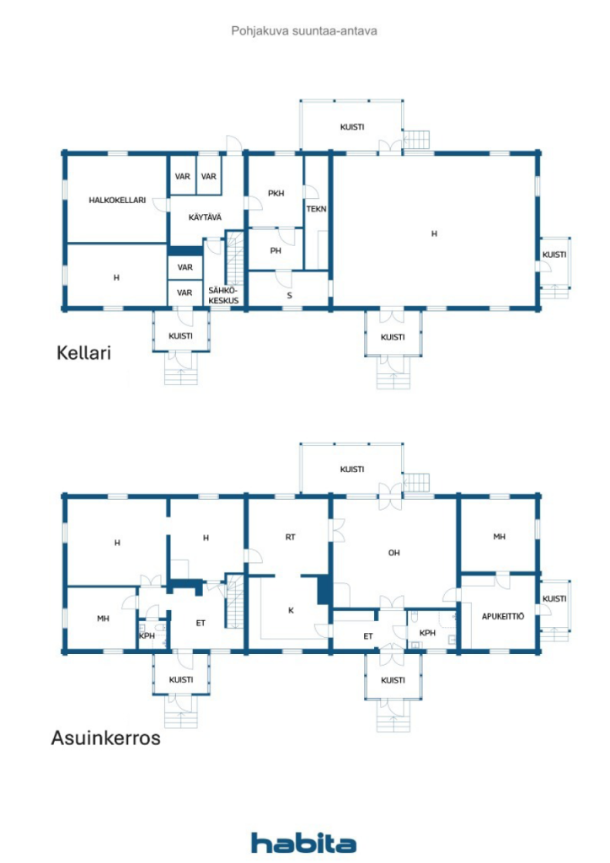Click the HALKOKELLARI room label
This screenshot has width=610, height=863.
[x=117, y=201]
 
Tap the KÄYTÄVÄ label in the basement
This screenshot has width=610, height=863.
[x=205, y=217]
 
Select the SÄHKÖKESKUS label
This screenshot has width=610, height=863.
[x=223, y=295]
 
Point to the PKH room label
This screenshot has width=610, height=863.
[x=276, y=194]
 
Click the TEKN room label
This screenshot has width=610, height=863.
[x=316, y=209]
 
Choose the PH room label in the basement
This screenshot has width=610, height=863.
[x=276, y=251]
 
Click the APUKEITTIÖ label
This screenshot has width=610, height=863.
[x=502, y=616]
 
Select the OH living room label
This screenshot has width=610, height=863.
[x=393, y=554]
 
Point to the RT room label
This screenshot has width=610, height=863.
[x=290, y=536]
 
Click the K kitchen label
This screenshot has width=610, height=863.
[x=291, y=610]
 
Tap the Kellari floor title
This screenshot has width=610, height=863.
[x=83, y=352]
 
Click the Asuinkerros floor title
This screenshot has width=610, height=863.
[x=105, y=739]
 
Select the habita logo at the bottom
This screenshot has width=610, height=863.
[x=303, y=842]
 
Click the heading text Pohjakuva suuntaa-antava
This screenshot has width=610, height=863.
[x=304, y=30]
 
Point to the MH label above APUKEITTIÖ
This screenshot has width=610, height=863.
[x=500, y=536]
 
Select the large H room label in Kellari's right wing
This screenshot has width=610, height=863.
[x=434, y=233]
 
